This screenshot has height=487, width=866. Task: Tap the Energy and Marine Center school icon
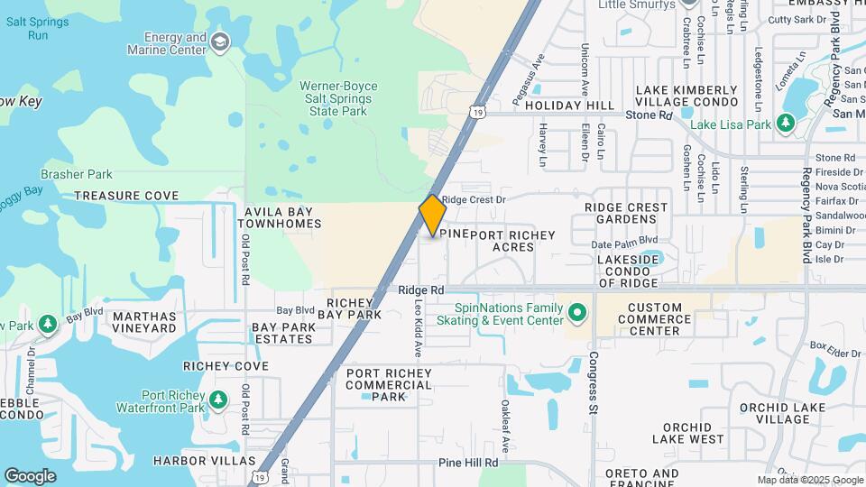pos(219,42)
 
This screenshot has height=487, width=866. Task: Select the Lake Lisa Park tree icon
pos(785,123)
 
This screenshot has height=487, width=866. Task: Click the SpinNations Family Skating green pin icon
pos(577,314)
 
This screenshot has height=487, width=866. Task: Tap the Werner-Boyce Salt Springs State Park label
pos(338,98)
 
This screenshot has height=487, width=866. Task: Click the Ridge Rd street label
pos(422,290)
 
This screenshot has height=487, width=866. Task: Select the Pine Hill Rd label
pos(468,463)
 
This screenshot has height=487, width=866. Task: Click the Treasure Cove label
pos(126,196)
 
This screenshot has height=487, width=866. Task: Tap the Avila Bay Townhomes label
pos(282,217)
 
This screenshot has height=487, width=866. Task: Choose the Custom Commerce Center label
pos(667,319)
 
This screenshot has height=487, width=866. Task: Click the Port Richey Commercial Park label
pos(389,384)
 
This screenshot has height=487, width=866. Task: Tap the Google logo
pos(30,475)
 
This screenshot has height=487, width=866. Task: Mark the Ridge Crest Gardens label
pos(626,213)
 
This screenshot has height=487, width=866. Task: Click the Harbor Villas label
pos(205,461)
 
